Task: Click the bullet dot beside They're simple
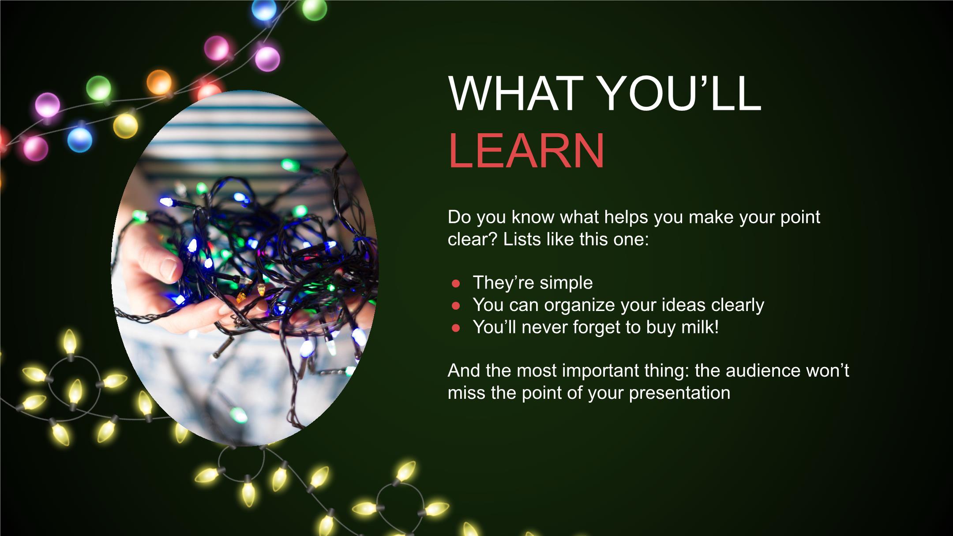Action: click(456, 283)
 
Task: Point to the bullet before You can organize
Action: click(456, 305)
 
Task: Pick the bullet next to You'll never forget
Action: click(456, 328)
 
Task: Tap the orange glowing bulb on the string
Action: click(159, 82)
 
